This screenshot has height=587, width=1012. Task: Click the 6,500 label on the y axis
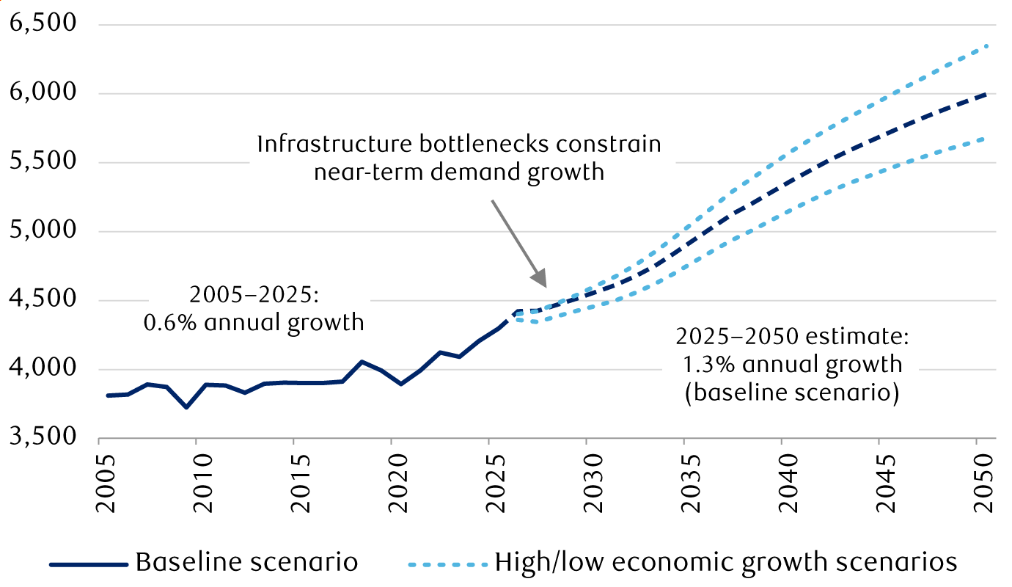(x=43, y=23)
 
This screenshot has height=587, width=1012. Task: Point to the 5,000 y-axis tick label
(x=43, y=230)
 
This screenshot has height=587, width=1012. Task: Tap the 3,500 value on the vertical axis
(x=43, y=437)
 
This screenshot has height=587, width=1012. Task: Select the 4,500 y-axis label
(x=43, y=299)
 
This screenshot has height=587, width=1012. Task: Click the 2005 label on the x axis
(x=106, y=484)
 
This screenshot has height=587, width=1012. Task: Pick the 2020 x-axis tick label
(x=398, y=484)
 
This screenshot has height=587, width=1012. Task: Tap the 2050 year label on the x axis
(x=984, y=484)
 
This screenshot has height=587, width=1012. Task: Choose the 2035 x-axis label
(x=692, y=484)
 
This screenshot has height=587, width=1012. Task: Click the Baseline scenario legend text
(x=246, y=563)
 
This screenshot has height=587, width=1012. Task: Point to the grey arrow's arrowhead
(x=540, y=277)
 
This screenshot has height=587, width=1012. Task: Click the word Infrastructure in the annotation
(x=334, y=144)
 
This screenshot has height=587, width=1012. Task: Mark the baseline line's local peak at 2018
(x=362, y=362)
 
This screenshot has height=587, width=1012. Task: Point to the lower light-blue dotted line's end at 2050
(x=985, y=138)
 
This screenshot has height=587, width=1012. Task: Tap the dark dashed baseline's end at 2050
(x=985, y=95)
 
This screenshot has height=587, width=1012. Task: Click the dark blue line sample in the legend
(x=89, y=564)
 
